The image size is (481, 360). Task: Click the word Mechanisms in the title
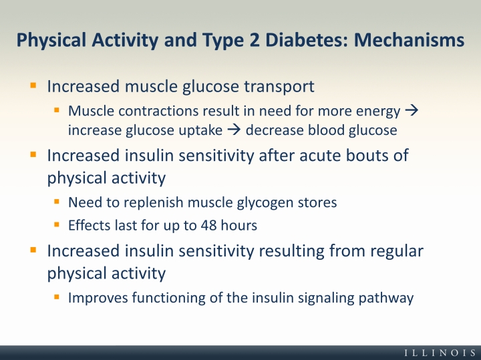pos(409,40)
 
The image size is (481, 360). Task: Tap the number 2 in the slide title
pos(255,40)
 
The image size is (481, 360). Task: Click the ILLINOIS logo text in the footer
pos(440,353)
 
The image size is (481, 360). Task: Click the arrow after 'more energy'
pos(412,110)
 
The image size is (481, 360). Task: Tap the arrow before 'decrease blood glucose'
pos(234,130)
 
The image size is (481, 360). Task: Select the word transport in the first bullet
pos(279,86)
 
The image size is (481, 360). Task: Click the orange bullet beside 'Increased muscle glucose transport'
pos(33,85)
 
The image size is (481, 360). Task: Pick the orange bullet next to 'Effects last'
pos(56,225)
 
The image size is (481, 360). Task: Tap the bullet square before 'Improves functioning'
pos(56,297)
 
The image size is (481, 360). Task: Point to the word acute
pos(320,156)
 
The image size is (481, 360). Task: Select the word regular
pos(397,251)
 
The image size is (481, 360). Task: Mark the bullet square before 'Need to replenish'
pos(56,202)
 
